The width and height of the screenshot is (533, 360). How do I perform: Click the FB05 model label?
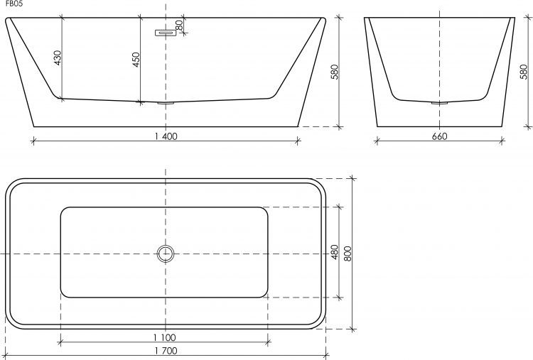pos(14,5)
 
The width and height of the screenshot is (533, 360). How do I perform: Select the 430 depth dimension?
pos(58,58)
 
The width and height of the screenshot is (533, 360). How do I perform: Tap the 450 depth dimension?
pos(136,60)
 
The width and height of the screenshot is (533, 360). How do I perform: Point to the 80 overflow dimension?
pos(180,25)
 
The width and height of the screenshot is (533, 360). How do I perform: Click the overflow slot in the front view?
pos(166,33)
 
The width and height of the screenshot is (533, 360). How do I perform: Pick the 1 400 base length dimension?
pos(166,136)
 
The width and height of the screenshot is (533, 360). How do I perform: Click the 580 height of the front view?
pos(335,72)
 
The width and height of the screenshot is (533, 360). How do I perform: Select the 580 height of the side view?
pos(524,72)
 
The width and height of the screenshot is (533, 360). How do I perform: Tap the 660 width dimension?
pos(439,136)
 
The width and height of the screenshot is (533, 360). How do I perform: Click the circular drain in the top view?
pos(166,245)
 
